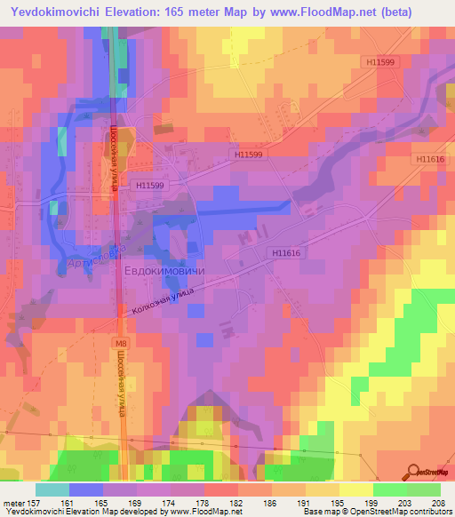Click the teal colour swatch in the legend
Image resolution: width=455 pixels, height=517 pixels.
[x=52, y=489]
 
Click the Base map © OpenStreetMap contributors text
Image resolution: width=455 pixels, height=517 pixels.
[x=376, y=512]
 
